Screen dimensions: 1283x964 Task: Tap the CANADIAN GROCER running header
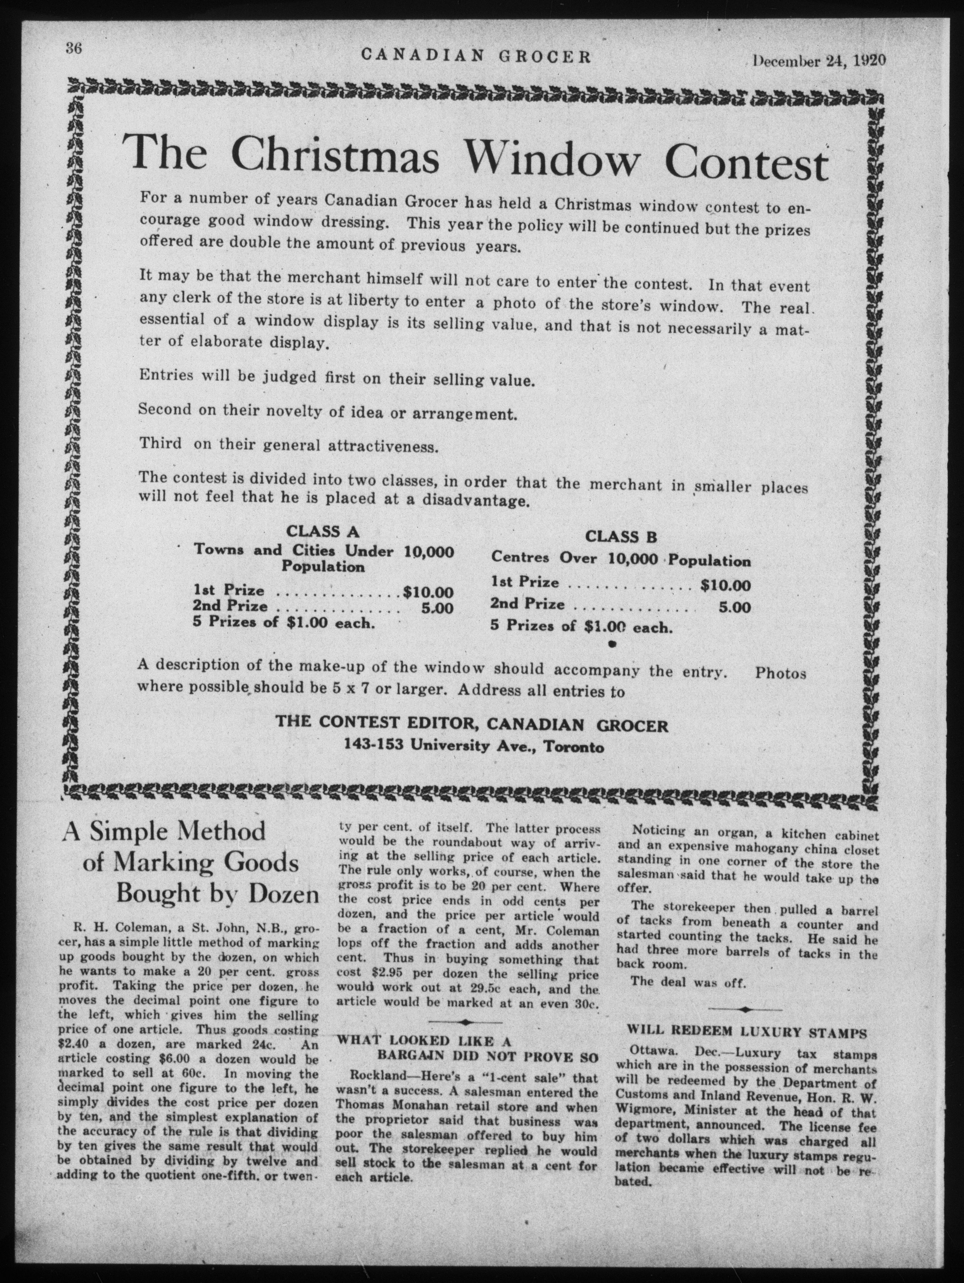click(476, 56)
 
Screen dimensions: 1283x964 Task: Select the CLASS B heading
click(621, 537)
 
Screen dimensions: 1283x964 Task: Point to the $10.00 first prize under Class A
click(428, 592)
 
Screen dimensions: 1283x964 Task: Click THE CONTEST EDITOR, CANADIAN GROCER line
click(472, 726)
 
